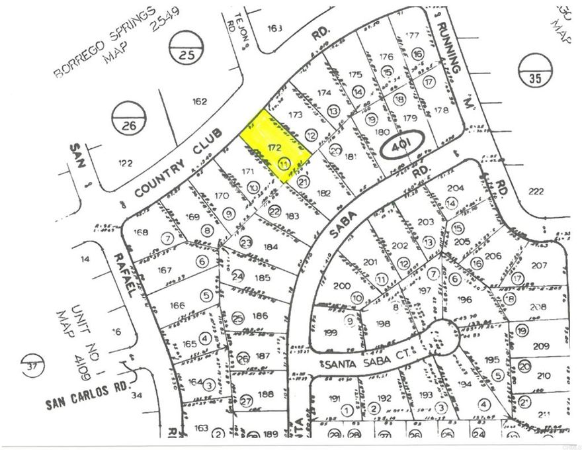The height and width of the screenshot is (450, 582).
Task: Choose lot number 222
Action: (x=536, y=192)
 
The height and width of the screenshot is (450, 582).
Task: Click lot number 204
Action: (x=456, y=188)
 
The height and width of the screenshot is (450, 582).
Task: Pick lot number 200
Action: (x=341, y=286)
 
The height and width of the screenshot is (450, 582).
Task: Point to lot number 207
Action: (x=538, y=265)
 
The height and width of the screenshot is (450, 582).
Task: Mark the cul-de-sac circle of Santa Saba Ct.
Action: (x=441, y=337)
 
